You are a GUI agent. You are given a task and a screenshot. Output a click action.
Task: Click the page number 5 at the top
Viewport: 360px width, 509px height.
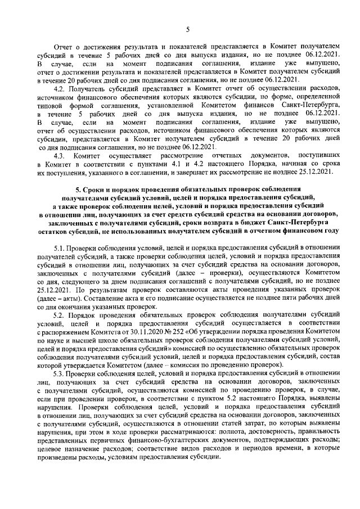(x=188, y=30)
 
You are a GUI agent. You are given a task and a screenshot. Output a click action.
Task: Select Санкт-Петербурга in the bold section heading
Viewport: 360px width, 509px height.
(x=298, y=222)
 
